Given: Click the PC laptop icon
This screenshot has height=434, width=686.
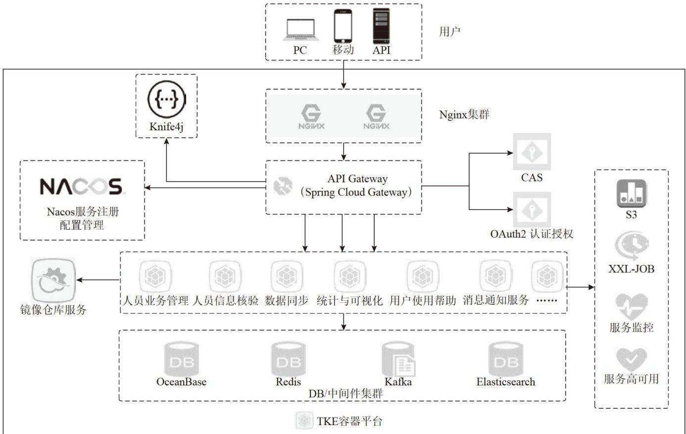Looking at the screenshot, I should point(300,30).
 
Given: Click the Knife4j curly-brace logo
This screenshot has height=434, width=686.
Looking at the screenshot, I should point(166,99).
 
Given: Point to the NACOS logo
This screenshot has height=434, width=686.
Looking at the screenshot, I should point(82,187).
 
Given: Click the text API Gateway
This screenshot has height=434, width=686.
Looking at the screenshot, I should point(357,179).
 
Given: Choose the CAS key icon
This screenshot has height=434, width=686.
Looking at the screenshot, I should point(532,152).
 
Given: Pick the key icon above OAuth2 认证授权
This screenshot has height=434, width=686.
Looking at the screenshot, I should point(532,210).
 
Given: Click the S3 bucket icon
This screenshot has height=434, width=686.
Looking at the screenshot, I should point(631,194).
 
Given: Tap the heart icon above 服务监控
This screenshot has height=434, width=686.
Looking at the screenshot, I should point(631,306).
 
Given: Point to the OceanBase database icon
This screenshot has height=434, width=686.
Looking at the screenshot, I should point(181,359).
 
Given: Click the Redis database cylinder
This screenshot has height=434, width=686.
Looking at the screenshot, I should point(289,359).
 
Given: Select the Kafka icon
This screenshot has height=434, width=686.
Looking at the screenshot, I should point(398,360).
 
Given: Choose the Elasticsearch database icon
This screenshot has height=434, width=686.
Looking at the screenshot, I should point(505,359).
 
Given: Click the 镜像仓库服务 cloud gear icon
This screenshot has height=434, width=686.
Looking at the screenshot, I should point(53,280).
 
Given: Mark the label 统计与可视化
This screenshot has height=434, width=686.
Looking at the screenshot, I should point(349,300).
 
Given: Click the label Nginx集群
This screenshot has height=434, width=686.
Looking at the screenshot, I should point(464,115).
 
